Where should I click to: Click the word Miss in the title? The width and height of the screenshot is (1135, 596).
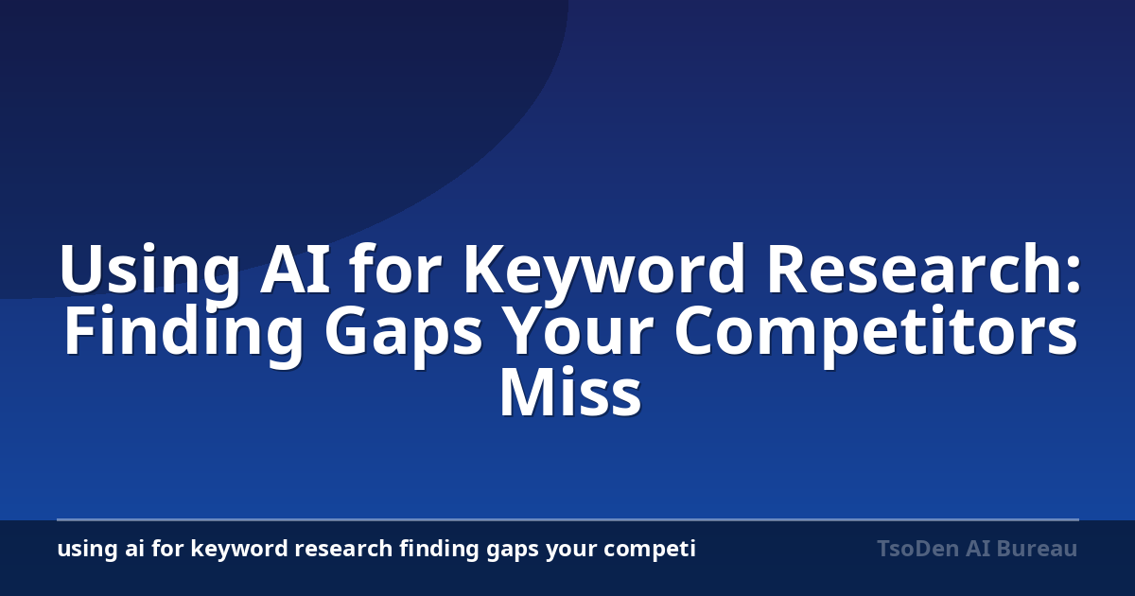[x=570, y=393]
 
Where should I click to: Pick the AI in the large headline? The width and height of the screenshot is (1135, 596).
[x=294, y=269]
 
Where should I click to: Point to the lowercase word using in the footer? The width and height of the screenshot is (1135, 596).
[x=87, y=550]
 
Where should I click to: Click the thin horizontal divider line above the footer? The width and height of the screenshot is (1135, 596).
[x=567, y=519]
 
